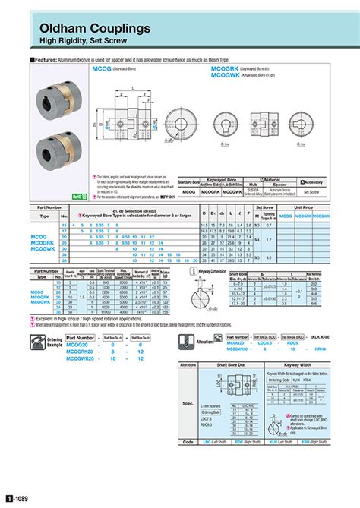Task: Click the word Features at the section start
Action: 44,58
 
